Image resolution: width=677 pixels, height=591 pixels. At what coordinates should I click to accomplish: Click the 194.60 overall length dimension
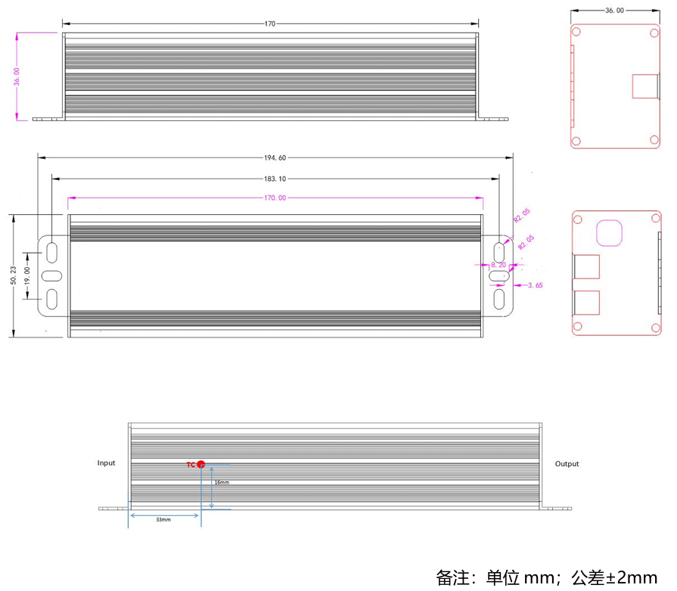pyautogui.click(x=275, y=158)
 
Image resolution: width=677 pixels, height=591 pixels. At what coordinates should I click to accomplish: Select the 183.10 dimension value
pyautogui.click(x=275, y=179)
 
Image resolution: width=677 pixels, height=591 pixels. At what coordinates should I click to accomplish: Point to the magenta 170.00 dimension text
pyautogui.click(x=275, y=198)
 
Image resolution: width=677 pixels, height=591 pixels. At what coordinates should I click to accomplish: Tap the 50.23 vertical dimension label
pyautogui.click(x=13, y=275)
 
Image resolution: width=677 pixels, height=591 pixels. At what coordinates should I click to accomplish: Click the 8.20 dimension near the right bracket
pyautogui.click(x=498, y=265)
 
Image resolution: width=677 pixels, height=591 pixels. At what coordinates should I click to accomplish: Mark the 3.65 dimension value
pyautogui.click(x=535, y=285)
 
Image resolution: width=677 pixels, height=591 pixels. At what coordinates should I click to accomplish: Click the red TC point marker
pyautogui.click(x=200, y=464)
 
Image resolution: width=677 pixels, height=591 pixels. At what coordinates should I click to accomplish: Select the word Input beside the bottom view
pyautogui.click(x=107, y=462)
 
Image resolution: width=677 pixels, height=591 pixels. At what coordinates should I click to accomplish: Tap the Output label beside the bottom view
pyautogui.click(x=567, y=464)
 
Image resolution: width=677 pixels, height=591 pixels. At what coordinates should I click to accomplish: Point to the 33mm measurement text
pyautogui.click(x=163, y=521)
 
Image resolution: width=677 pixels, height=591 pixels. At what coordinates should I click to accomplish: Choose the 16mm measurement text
pyautogui.click(x=222, y=482)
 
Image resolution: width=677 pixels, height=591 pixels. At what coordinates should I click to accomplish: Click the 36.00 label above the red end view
pyautogui.click(x=615, y=11)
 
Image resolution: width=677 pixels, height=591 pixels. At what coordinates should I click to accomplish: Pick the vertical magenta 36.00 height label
pyautogui.click(x=17, y=76)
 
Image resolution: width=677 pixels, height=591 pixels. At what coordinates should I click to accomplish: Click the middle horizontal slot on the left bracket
pyautogui.click(x=51, y=275)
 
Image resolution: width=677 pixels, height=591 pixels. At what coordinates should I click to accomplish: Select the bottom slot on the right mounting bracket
pyautogui.click(x=499, y=299)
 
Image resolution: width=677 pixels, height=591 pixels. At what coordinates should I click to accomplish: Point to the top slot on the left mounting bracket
pyautogui.click(x=51, y=251)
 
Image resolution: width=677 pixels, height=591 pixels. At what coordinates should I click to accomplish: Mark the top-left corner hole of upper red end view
pyautogui.click(x=576, y=33)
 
